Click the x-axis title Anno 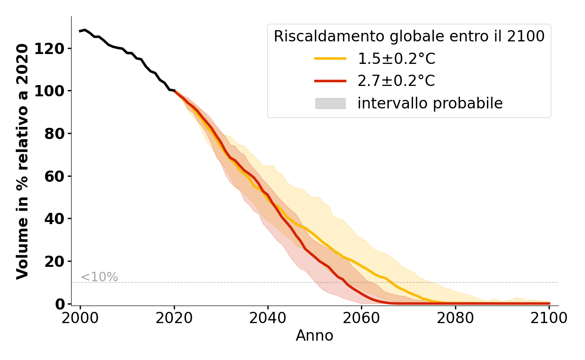(x=315, y=336)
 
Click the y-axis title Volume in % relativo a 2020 (x=22, y=161)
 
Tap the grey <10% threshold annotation (x=99, y=277)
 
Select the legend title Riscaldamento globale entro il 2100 (x=409, y=36)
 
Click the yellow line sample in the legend (x=330, y=58)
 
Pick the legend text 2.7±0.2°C (x=396, y=81)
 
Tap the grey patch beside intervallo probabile (x=330, y=103)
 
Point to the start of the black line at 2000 (x=81, y=31)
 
